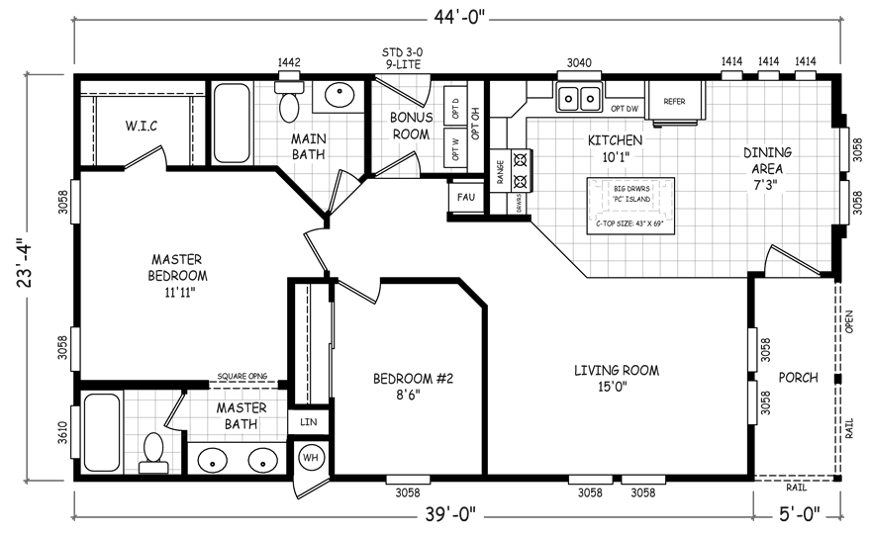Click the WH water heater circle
311,458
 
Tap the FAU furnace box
465,197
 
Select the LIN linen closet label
308,422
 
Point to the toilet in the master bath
153,452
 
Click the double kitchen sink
579,98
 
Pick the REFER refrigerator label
674,102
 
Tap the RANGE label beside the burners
500,172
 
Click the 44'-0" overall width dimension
460,19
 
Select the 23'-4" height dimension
25,264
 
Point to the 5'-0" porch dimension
799,514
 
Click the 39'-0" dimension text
450,514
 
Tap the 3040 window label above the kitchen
579,63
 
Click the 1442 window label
289,62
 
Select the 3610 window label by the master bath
61,433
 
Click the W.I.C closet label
142,126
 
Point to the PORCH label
798,378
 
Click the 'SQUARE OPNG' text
242,377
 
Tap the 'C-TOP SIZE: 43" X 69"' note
629,223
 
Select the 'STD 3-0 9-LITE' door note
402,58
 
